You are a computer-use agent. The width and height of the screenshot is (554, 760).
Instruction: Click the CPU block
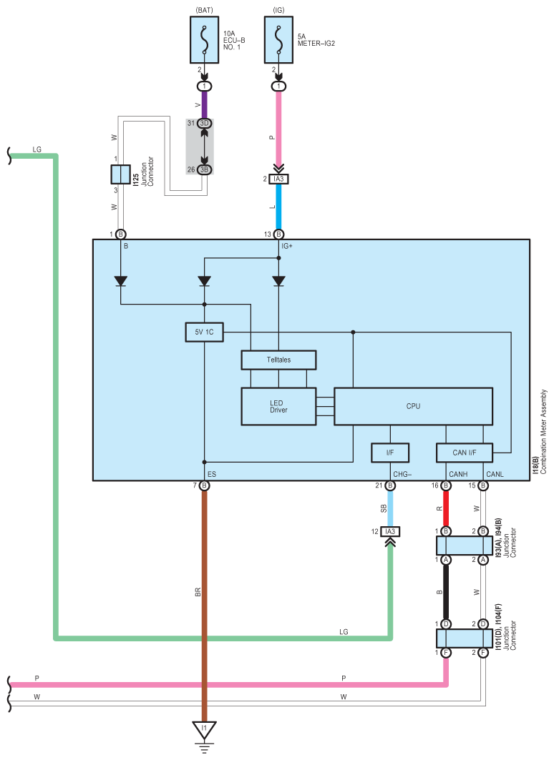pos(413,406)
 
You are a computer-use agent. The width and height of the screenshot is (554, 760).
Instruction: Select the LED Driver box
pos(278,406)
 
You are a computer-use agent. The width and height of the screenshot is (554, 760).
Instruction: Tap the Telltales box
pos(278,360)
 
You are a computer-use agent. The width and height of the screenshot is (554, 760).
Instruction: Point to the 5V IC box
pos(204,332)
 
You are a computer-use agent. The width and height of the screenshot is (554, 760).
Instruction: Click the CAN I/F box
pos(465,453)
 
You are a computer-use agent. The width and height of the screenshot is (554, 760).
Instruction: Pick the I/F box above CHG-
pos(390,453)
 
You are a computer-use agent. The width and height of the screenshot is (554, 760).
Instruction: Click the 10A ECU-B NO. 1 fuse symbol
pos(204,40)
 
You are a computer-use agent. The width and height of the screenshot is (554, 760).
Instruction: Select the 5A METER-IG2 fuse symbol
pos(278,40)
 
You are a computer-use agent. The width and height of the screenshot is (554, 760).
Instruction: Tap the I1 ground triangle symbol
pos(204,730)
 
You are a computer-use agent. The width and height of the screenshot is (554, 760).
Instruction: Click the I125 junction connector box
pos(120,174)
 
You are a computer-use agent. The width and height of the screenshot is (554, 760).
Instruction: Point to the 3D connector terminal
pos(204,123)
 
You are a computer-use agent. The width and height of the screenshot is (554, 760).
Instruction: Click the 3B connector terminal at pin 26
pos(204,169)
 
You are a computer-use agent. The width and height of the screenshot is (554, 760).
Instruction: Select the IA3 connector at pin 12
pos(390,532)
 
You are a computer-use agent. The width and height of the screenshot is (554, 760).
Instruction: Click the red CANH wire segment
pos(446,508)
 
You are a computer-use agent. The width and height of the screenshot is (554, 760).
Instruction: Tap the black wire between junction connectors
pos(446,592)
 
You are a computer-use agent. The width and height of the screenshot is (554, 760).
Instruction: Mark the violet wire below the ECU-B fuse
pos(204,104)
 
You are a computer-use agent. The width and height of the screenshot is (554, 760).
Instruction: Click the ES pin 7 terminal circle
pos(204,485)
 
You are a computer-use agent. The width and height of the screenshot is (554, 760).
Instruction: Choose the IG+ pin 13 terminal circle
pos(278,234)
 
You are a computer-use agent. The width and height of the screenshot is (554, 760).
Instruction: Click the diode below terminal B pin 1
pos(120,281)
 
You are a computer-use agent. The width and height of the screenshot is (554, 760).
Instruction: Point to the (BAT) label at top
pos(204,10)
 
